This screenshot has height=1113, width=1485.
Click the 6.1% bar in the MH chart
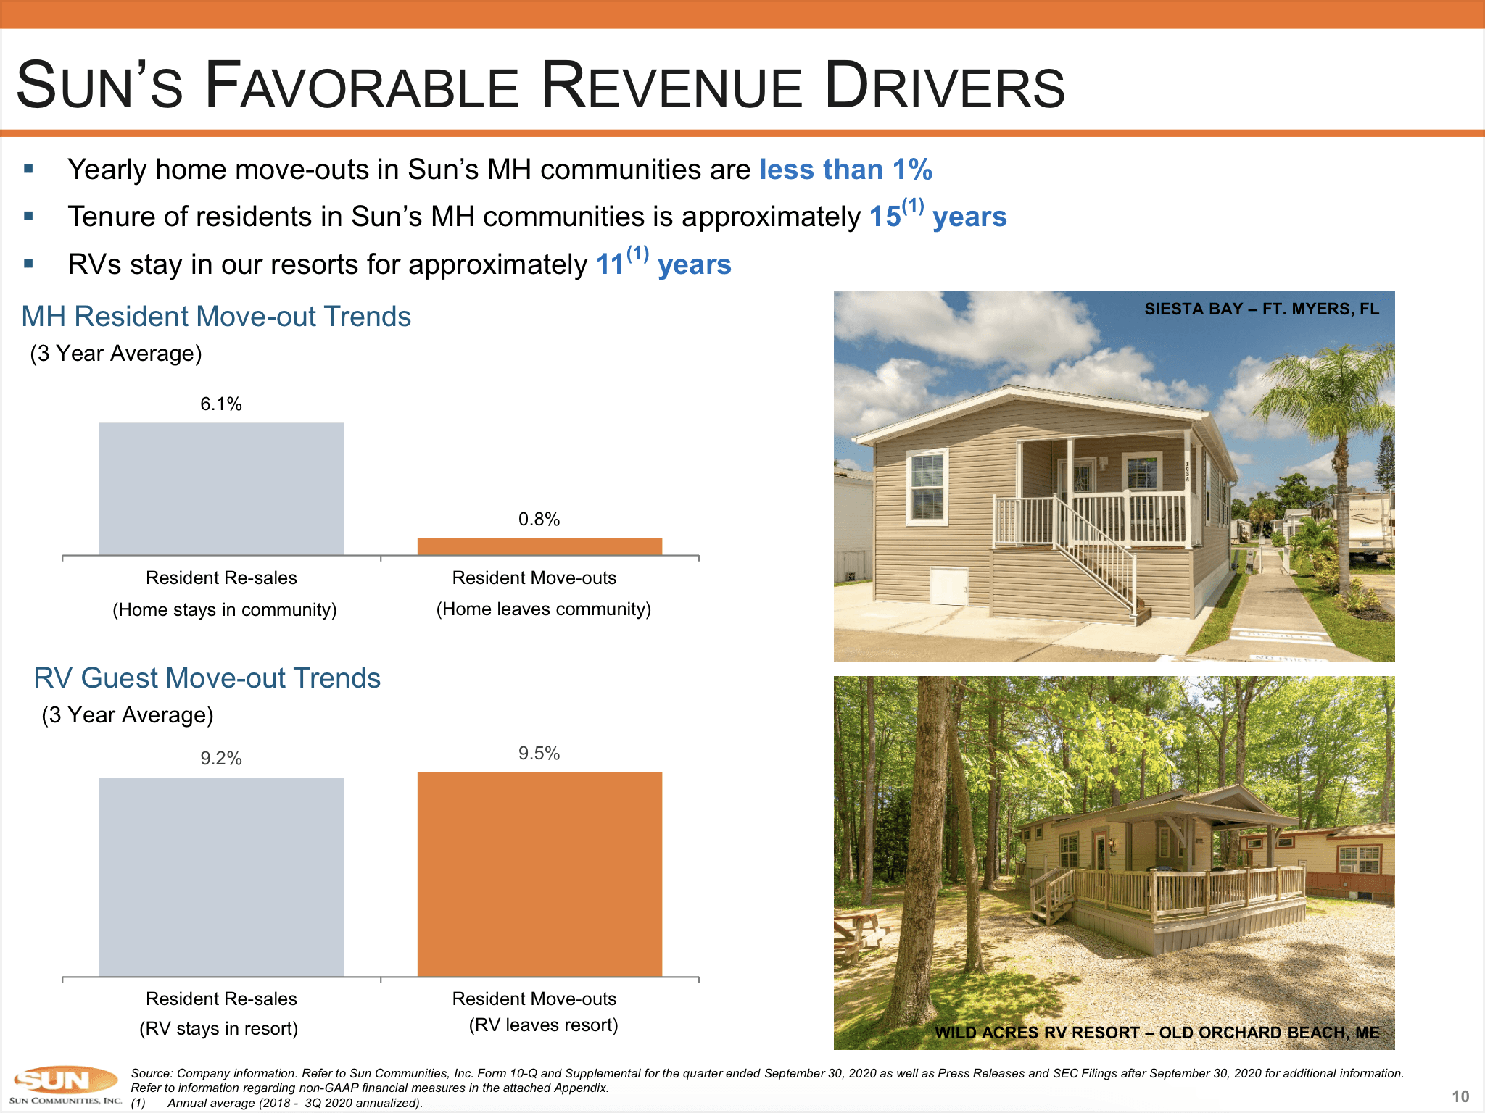pos(221,489)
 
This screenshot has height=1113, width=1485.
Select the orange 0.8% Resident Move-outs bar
pos(539,546)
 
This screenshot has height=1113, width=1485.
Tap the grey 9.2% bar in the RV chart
pos(221,877)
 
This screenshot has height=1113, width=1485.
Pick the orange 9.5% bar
pos(539,874)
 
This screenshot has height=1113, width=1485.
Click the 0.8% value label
pos(539,519)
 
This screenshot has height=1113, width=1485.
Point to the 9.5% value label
pos(539,754)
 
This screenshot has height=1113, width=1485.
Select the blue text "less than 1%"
pos(845,170)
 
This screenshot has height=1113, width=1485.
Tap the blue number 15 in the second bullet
pos(885,217)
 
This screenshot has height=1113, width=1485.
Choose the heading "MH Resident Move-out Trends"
pos(216,317)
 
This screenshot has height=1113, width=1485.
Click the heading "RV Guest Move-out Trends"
pos(207,678)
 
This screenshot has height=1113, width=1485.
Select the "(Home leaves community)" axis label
pos(543,609)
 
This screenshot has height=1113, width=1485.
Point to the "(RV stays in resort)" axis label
pos(218,1028)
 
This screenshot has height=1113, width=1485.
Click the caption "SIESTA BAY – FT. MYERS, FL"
pos(1261,309)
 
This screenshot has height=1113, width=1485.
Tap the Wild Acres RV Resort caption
pos(1157,1033)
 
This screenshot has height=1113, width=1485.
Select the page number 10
pos(1460,1096)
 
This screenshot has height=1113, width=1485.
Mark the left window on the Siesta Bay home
pos(927,485)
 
